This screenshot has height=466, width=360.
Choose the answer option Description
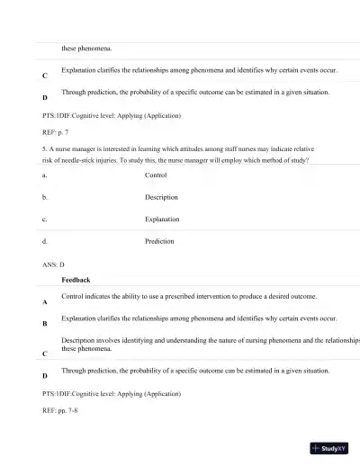[161, 197]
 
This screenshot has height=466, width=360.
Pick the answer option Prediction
[159, 241]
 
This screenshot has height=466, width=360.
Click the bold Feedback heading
[76, 281]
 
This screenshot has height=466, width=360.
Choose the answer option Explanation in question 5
[162, 220]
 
